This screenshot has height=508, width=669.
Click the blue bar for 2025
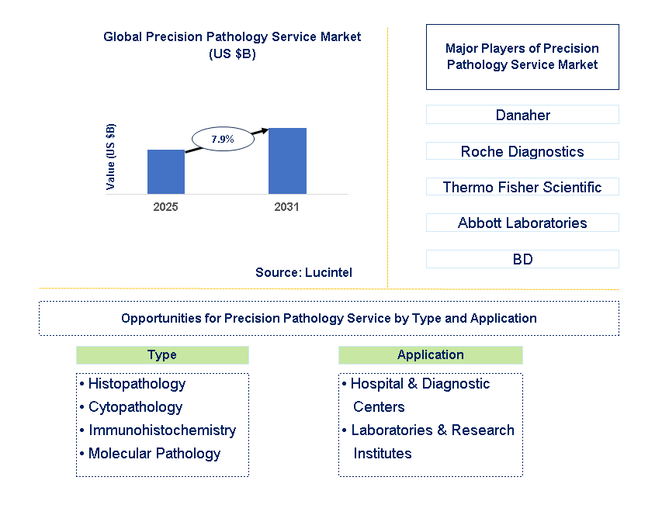coord(166,171)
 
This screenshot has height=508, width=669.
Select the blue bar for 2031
coord(287,161)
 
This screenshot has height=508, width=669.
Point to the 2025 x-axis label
coord(166,207)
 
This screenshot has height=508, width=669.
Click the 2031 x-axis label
coord(286,207)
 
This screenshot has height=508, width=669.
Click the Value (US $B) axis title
coord(111,157)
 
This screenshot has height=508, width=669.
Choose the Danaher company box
coord(522,115)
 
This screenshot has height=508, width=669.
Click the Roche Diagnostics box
coord(522,151)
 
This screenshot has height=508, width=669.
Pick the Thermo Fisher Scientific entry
coord(522,187)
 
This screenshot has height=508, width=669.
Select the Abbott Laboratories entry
coord(522,223)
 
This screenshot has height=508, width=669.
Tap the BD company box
coord(522,259)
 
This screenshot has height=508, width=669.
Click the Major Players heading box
coord(522,57)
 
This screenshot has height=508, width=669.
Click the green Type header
coord(162,355)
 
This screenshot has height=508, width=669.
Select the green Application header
coord(430,355)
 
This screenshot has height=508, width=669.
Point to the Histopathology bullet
coord(137,384)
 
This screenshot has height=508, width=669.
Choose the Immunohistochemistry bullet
coord(161,430)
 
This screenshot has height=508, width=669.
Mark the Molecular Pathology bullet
coord(154,454)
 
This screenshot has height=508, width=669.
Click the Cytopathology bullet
coord(135,407)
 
